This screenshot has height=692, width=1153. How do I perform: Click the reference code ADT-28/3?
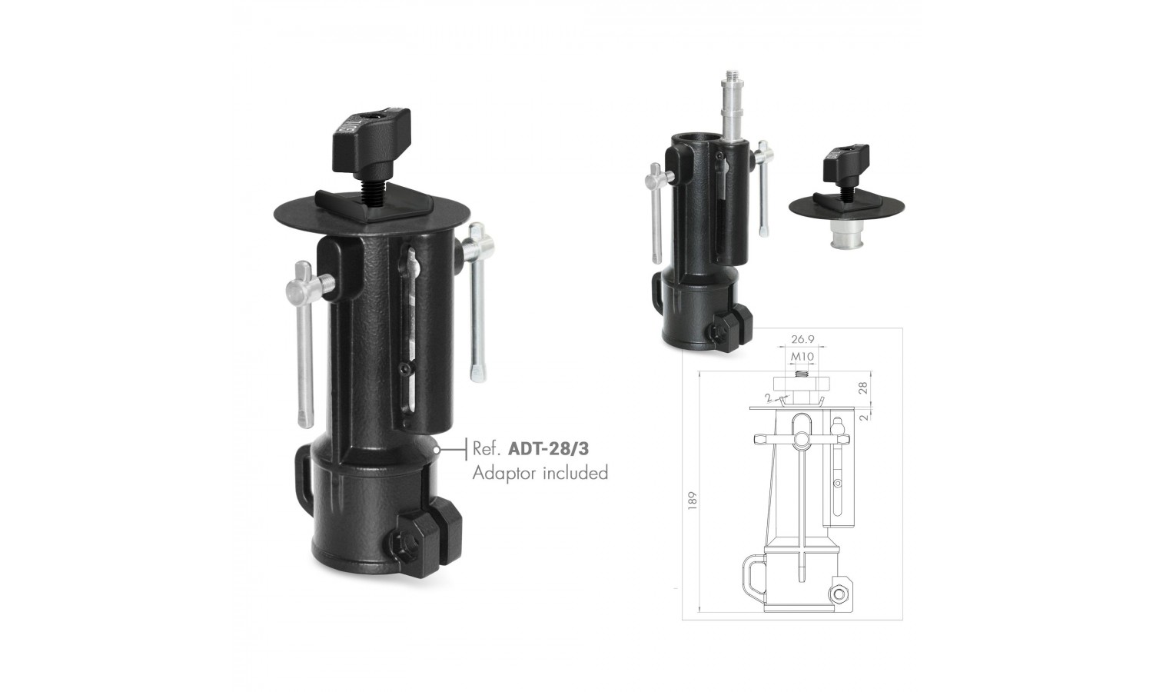pyautogui.click(x=548, y=449)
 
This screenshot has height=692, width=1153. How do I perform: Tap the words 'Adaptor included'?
pyautogui.click(x=540, y=473)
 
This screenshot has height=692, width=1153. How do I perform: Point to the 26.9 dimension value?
pyautogui.click(x=802, y=339)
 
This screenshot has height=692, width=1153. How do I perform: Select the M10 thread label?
pyautogui.click(x=802, y=356)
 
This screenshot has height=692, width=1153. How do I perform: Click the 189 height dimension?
pyautogui.click(x=693, y=501)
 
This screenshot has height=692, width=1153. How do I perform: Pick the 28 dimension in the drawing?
pyautogui.click(x=864, y=388)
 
